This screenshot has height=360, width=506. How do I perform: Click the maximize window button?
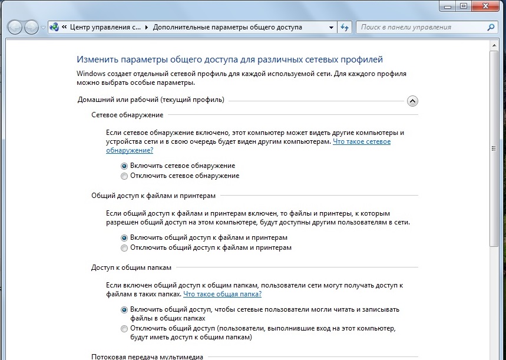[464, 6]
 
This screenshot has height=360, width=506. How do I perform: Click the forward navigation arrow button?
[31, 27]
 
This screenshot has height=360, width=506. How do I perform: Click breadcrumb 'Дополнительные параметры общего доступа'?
[227, 27]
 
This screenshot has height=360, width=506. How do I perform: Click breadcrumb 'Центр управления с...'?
[105, 27]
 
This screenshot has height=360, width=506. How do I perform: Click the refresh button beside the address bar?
[345, 27]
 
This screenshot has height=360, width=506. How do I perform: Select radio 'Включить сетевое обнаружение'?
[124, 166]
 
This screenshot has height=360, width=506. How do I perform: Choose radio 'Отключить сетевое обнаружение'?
[124, 176]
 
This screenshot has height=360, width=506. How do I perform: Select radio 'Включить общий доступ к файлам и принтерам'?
[124, 238]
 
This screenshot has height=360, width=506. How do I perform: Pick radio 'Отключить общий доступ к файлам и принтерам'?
[124, 248]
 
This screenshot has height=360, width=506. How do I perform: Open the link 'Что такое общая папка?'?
[222, 294]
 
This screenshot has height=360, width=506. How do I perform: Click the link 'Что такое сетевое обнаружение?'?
[362, 142]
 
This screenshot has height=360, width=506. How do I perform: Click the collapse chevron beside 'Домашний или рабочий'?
[412, 101]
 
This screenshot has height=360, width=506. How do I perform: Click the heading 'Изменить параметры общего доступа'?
[230, 60]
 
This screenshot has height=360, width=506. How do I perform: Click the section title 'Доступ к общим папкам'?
[131, 267]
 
